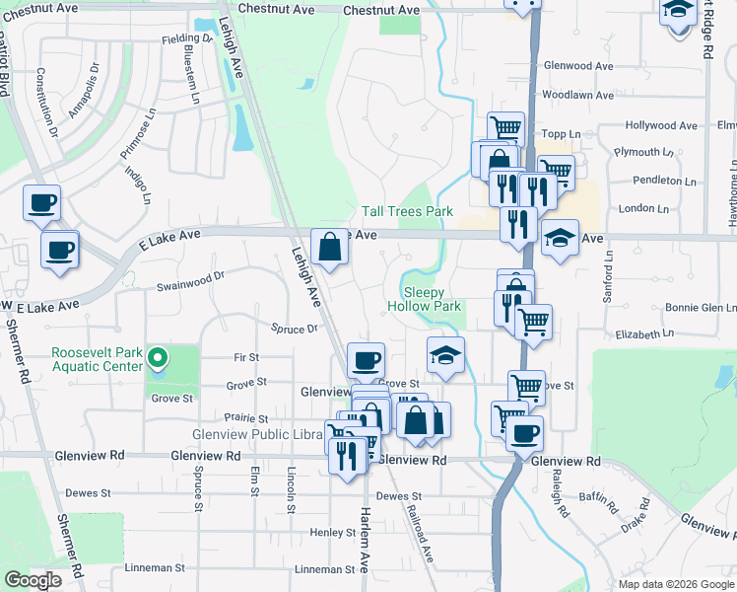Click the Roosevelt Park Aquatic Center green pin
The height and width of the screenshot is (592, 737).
click(157, 357)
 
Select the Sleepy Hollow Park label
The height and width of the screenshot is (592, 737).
click(433, 300)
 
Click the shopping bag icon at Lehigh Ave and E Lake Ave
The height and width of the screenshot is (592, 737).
click(330, 247)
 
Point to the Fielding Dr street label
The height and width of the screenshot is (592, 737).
click(187, 38)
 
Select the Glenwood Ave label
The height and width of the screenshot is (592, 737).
click(585, 66)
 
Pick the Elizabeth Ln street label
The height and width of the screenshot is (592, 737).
click(643, 334)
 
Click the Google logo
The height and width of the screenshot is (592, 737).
click(33, 580)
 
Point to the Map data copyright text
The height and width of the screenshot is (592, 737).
click(675, 584)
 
